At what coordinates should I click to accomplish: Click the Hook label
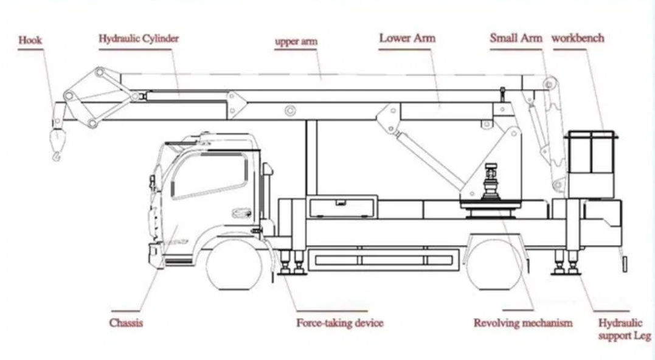coord(30,41)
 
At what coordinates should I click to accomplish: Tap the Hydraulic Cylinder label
coord(139,38)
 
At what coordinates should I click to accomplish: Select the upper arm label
coord(296,42)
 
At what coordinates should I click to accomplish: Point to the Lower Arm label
coord(407,38)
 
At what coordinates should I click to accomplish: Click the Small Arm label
coord(516,38)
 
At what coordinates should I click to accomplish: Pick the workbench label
coord(578,38)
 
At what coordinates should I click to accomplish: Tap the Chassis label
coord(126,323)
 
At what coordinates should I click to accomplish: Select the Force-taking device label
coord(339,323)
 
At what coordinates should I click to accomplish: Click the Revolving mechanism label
coord(523,323)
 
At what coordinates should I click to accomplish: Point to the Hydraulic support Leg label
coord(624,330)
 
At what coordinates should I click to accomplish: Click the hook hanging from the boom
coord(57,147)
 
